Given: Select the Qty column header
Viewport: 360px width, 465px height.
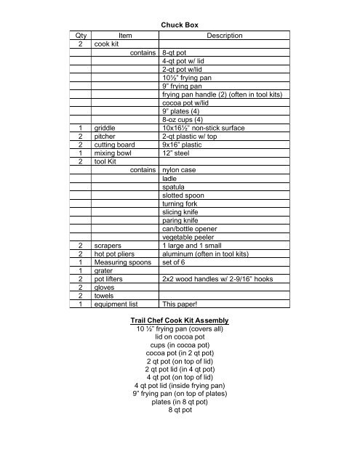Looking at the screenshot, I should pyautogui.click(x=81, y=36).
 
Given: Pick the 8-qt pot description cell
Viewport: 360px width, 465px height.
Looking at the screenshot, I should pyautogui.click(x=180, y=53).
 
